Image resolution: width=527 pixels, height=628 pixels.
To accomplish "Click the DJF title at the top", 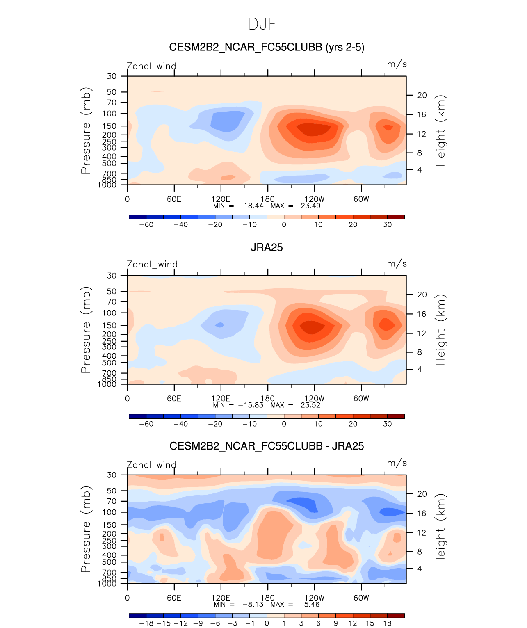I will coord(263,24).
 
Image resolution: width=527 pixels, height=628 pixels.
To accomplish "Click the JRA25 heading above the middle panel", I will coord(267,247).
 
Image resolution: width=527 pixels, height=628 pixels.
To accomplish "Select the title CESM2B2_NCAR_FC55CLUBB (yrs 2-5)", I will coord(267,47).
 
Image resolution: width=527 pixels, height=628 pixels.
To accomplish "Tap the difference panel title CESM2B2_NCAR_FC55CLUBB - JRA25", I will coord(267,446).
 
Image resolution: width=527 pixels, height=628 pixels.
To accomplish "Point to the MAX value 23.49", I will coord(310,206).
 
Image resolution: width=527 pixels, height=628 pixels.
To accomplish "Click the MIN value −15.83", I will coord(251,405).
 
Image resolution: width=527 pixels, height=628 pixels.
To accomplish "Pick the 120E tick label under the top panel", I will coord(221,199).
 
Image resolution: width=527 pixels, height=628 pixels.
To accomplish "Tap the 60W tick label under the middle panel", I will coord(361,399).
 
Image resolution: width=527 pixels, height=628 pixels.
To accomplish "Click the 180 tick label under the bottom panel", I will coord(267,598).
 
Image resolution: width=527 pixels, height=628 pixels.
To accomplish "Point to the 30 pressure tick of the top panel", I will coord(112,76).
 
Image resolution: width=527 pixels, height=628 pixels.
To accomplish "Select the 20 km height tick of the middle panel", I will coord(422,295).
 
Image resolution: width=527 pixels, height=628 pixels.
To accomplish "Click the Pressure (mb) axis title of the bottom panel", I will coord(86,529).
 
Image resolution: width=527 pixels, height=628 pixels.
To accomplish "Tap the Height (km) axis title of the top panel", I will coord(440,130).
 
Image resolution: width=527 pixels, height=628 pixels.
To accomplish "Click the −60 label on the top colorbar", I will coord(146,225).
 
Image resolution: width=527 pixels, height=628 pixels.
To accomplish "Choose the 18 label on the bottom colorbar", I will coord(387,623).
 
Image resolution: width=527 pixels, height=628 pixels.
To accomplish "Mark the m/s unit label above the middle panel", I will coord(397,264).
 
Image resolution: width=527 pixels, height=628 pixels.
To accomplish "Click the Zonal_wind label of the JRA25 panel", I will coord(152,265).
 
